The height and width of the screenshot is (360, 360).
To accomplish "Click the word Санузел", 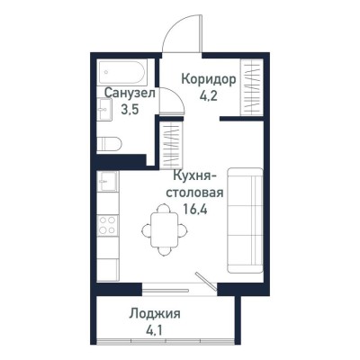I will pyautogui.click(x=130, y=93).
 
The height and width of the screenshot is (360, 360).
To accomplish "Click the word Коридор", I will pyautogui.click(x=209, y=79).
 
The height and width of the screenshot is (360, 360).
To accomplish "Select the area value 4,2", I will pyautogui.click(x=209, y=95).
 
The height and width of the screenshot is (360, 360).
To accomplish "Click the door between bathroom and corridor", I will pyautogui.click(x=166, y=102).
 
